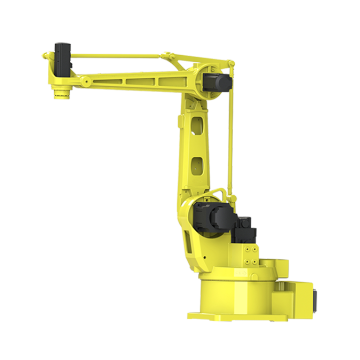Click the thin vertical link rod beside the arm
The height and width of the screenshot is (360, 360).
click(x=229, y=150)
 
